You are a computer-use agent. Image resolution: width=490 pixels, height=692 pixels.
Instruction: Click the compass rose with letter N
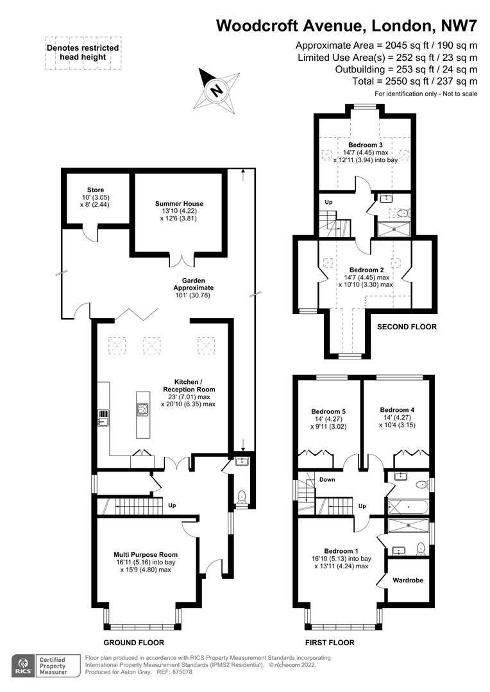point(217,90)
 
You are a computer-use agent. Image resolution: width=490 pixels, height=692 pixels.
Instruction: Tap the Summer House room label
point(179,204)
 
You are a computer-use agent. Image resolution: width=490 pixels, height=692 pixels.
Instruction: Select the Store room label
point(96,190)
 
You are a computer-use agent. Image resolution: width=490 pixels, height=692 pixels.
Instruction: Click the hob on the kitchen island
point(142,409)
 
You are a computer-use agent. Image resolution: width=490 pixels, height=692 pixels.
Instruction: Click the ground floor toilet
point(241,497)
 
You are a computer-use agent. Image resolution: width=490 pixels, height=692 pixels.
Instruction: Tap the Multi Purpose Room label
point(146,554)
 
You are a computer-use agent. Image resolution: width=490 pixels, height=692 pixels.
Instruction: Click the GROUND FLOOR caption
point(133,643)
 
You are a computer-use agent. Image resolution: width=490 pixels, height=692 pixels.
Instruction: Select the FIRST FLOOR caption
point(330,643)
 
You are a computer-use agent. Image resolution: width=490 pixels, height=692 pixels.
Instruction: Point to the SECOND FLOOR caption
point(407,327)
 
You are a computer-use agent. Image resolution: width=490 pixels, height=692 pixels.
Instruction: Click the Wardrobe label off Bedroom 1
point(408,580)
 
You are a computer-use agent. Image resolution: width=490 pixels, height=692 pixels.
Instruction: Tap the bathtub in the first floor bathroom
point(408,507)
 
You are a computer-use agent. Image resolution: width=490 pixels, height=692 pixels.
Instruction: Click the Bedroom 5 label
point(328,411)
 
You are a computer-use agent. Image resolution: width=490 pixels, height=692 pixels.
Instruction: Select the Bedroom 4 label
point(397,409)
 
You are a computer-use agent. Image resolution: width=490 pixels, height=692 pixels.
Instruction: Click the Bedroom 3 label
point(366,145)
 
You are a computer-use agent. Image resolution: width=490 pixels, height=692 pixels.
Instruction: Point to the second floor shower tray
point(394,229)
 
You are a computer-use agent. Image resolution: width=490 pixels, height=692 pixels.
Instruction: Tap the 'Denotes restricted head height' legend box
point(83,53)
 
